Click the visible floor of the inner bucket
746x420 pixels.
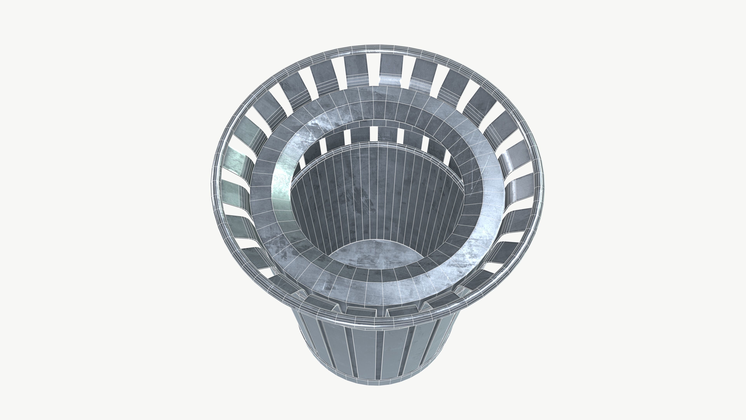[x=376, y=255]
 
